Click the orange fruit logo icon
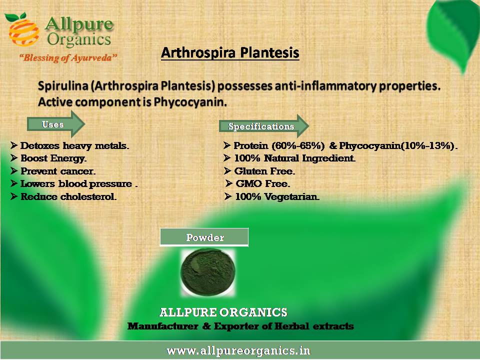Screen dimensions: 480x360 (23, 29)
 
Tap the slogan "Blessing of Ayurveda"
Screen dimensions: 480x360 (68, 57)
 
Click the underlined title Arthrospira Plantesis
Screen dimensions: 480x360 (230, 52)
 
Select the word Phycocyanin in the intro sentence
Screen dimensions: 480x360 (190, 102)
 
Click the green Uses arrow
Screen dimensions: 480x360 (56, 124)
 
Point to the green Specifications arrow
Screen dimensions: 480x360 (264, 126)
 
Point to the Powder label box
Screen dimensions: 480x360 (204, 237)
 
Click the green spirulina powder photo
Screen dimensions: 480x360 (208, 272)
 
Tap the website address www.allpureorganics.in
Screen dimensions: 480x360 (238, 350)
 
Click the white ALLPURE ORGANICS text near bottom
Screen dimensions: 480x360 (223, 312)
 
